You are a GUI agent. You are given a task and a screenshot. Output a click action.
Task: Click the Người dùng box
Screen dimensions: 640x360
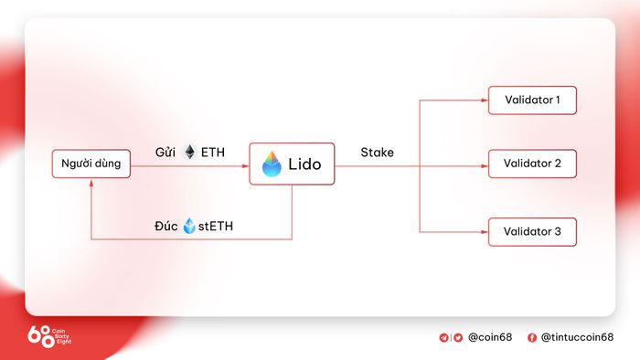click(x=91, y=164)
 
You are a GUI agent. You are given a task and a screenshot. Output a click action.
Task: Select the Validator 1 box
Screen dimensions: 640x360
click(x=532, y=100)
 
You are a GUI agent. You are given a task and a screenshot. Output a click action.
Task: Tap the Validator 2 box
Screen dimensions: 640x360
click(x=532, y=164)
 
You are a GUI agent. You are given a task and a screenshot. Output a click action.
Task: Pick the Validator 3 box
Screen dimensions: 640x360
click(x=532, y=231)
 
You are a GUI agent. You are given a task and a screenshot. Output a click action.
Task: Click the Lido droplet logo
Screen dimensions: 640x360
click(x=272, y=164)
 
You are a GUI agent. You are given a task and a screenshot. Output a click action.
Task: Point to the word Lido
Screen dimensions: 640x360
click(x=304, y=164)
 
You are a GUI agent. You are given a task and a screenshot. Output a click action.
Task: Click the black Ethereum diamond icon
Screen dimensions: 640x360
click(x=190, y=152)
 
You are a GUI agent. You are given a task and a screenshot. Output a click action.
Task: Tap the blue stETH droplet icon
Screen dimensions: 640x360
click(x=189, y=226)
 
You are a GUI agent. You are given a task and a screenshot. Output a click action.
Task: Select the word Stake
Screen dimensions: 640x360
click(x=377, y=153)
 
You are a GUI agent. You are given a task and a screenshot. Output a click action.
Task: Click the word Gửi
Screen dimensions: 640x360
click(x=165, y=153)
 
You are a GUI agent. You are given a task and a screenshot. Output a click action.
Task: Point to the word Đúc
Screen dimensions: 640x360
click(x=166, y=226)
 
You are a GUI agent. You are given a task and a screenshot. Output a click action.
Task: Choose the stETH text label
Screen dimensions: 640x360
click(x=216, y=226)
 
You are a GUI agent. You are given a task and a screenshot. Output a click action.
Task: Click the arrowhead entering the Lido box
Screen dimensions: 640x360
click(x=245, y=166)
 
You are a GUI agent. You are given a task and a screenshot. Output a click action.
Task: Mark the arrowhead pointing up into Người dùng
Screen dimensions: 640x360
click(x=91, y=183)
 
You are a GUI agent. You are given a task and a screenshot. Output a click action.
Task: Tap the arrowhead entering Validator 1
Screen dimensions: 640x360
click(x=485, y=100)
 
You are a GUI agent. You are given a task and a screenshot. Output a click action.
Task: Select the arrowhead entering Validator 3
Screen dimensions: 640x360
click(x=485, y=232)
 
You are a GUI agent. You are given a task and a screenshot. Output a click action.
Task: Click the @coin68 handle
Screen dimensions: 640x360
click(x=490, y=337)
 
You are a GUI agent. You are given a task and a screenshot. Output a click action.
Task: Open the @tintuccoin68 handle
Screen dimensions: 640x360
click(x=577, y=337)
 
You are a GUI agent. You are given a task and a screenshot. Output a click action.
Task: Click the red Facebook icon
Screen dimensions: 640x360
click(x=532, y=337)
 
